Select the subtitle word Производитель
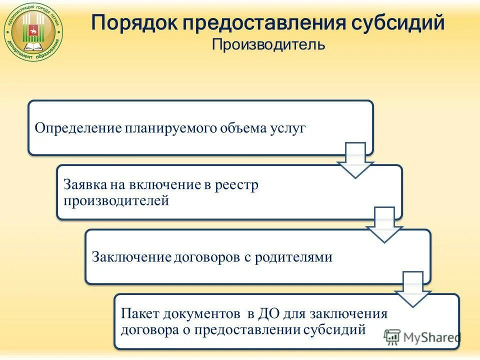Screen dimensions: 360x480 [x=268, y=45]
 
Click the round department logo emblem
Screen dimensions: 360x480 [x=33, y=34]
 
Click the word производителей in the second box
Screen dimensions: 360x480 [x=116, y=200]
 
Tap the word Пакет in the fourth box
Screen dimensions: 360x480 [x=139, y=314]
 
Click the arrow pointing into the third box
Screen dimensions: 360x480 [x=384, y=225]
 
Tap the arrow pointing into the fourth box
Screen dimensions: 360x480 [x=412, y=289]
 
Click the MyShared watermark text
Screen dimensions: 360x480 [x=428, y=336]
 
